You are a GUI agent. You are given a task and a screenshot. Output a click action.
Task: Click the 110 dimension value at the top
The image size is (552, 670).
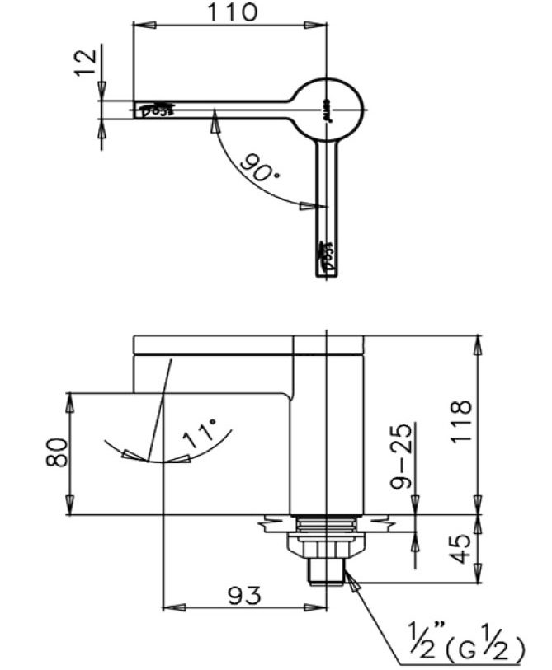point(233,12)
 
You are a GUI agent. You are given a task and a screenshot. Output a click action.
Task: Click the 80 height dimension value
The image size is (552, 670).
point(56,452)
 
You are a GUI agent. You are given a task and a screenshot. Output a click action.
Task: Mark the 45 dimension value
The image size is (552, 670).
point(463,547)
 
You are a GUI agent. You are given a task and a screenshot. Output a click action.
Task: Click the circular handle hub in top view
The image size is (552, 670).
point(329,110)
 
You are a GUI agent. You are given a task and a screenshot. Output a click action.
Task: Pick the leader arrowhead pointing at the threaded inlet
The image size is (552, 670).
point(352,582)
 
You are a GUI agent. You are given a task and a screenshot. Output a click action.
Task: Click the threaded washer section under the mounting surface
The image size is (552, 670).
point(328,524)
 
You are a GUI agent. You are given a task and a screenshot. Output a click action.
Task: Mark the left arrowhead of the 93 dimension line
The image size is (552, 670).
point(170,607)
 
